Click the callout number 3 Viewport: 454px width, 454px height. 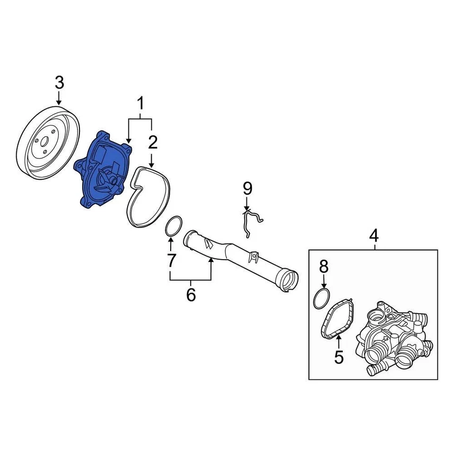[59, 83]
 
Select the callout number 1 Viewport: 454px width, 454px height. [140, 102]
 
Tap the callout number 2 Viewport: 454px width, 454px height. [152, 141]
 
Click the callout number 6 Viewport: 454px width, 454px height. [191, 295]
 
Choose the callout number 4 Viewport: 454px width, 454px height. [374, 235]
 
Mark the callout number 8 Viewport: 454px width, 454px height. [323, 267]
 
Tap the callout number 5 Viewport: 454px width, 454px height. [339, 357]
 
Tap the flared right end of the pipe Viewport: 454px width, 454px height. [288, 279]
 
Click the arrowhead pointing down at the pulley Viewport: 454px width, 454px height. [59, 102]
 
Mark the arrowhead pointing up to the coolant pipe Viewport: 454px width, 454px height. [210, 262]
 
